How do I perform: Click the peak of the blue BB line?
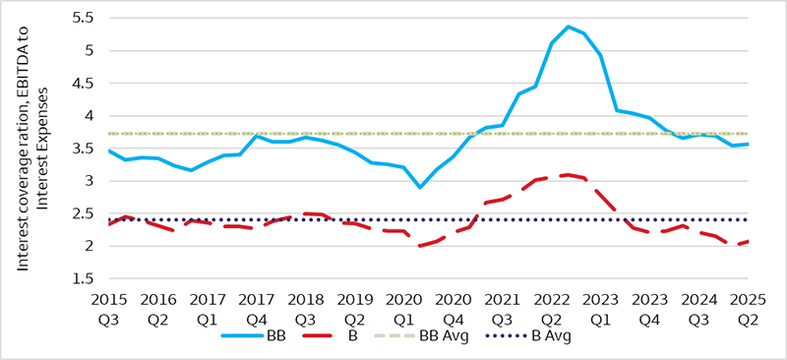coord(569,27)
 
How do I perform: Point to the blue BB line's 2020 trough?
coord(421,187)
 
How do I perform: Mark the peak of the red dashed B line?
coord(568,174)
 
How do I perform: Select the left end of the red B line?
coord(108,225)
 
